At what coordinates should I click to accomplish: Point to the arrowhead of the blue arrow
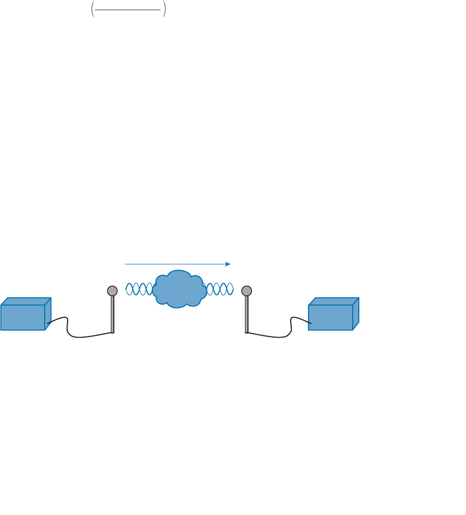pos(228,264)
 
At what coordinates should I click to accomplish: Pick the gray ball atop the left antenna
pos(112,291)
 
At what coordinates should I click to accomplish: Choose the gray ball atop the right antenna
pos(246,291)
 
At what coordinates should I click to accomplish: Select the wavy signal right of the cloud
pos(220,289)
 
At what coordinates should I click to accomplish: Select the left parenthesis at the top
pos(92,11)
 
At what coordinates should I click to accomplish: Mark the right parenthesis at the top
pos(164,11)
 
